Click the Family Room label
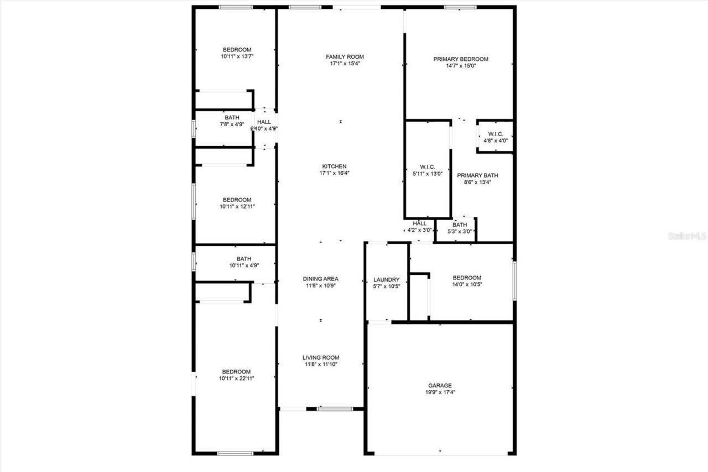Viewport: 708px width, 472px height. pos(345,56)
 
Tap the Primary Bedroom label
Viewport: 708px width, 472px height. pos(460,59)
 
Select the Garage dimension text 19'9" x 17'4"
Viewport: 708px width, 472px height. pos(440,392)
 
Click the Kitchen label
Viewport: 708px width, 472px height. pos(334,166)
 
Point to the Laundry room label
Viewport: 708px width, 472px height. pos(387,279)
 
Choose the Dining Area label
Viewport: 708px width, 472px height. pos(320,279)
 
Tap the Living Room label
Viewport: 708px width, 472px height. pos(320,357)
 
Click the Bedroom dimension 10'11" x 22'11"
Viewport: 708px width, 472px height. pos(236,378)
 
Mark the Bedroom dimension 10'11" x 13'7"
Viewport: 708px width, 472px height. pos(237,56)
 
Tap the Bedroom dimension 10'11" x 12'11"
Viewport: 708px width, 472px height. pos(237,206)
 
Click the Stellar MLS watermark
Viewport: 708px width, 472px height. pos(688,236)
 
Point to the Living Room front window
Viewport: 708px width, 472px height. pos(335,409)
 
